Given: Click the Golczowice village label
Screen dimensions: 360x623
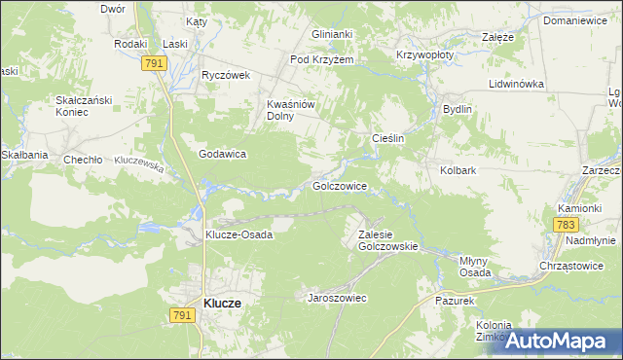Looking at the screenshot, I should point(339,185).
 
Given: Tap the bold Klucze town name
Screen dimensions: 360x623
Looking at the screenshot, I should point(223,304).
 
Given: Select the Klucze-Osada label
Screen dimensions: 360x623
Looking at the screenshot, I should point(238,234).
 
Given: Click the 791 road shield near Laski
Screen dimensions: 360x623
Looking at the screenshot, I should point(153,63).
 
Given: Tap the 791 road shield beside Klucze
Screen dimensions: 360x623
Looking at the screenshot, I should point(180,314).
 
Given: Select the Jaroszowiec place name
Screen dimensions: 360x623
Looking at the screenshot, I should point(337,298).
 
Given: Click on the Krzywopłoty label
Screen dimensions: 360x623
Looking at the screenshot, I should point(424,55).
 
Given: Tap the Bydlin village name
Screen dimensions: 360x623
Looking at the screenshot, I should point(457,109).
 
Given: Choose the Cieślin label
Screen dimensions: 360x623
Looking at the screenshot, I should point(388,139).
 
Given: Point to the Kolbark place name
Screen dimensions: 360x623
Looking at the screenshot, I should point(457,171).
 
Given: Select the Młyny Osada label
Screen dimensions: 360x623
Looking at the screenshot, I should point(475,267).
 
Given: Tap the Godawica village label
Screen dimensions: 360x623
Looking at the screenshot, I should point(222,154).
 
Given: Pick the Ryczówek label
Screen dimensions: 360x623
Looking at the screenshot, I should point(226,75).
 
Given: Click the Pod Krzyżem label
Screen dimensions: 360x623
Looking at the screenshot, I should point(321,59).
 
